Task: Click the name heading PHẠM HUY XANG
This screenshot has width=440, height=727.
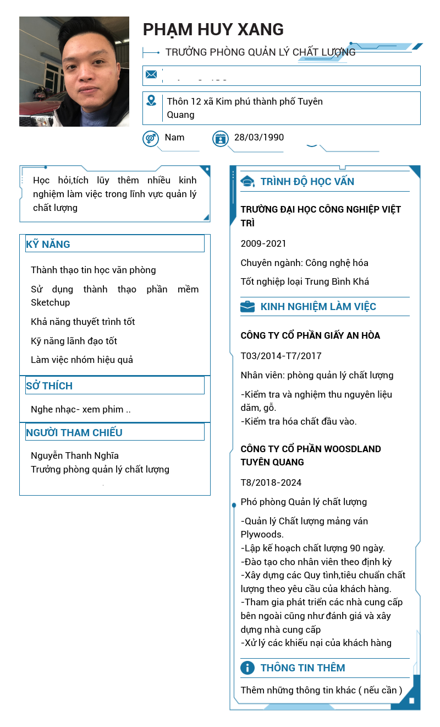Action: click(x=213, y=29)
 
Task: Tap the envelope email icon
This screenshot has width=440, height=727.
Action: click(x=151, y=74)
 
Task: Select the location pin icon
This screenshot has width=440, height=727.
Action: click(x=151, y=100)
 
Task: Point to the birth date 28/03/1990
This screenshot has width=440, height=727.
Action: click(x=259, y=137)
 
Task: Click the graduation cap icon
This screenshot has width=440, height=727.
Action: click(x=248, y=181)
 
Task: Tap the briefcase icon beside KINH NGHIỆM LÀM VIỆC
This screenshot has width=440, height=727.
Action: click(x=248, y=307)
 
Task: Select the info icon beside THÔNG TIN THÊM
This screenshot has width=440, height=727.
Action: click(x=248, y=668)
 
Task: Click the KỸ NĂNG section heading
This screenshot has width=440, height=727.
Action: click(x=48, y=245)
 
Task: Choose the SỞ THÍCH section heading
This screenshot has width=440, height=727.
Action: click(x=50, y=386)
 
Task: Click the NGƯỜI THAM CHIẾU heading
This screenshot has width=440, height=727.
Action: click(x=74, y=433)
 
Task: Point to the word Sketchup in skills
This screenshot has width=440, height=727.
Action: click(x=51, y=302)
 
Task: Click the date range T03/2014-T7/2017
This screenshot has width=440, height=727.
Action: click(x=281, y=356)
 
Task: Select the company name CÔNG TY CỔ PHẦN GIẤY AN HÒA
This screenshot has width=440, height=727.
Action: click(x=310, y=335)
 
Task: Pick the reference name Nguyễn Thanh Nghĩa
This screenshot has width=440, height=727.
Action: click(x=75, y=455)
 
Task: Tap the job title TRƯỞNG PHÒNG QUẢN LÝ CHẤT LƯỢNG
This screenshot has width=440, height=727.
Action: click(x=260, y=52)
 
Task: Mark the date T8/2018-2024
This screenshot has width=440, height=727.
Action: click(x=271, y=482)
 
